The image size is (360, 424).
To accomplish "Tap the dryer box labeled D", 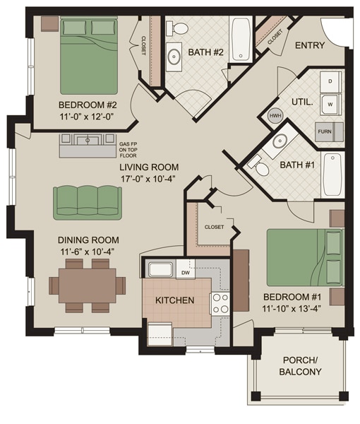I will click(x=330, y=81).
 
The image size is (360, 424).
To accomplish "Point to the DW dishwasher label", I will click(x=185, y=272).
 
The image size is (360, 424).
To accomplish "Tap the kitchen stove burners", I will click(x=221, y=302).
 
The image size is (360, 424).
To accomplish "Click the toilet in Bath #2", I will click(x=180, y=28).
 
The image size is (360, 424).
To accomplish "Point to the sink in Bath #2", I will click(x=173, y=56).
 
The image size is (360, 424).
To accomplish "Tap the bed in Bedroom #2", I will click(x=89, y=50).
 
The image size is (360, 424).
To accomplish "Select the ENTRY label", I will click(x=309, y=46).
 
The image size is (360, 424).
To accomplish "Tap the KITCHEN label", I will click(x=175, y=301).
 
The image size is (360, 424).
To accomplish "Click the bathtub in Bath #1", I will click(x=332, y=175).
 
